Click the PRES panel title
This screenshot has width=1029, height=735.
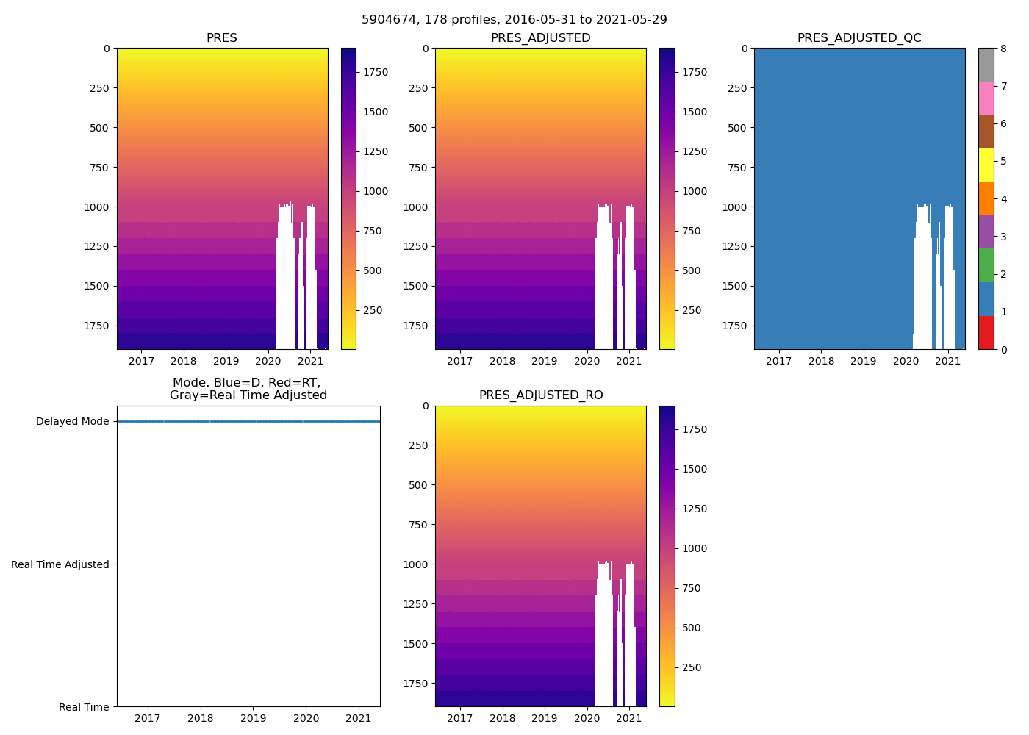point(221,38)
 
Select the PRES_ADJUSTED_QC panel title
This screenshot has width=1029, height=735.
point(859,38)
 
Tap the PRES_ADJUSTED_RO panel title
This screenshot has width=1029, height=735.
point(541,395)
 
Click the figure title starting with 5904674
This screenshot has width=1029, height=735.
point(514,20)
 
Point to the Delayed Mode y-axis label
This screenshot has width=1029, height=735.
point(72,422)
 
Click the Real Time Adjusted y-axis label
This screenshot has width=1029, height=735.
point(60,564)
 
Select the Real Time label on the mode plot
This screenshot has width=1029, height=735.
point(84,707)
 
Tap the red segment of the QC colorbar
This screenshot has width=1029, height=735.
point(986,333)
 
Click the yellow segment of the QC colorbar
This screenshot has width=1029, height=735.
point(986,165)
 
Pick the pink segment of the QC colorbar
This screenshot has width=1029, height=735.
point(986,98)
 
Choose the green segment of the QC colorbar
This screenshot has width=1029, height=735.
point(986,265)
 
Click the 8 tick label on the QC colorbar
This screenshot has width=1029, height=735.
point(1003,49)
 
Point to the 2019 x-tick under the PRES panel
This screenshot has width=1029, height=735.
point(226,362)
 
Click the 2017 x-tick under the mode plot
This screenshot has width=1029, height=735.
point(148,718)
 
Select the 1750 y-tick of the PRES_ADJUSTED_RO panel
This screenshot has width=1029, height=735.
point(418,684)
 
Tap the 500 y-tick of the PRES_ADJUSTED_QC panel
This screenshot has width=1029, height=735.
point(737,128)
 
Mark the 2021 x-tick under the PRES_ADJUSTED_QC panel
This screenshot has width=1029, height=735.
point(947,362)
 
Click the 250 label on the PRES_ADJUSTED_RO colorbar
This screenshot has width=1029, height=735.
point(692,667)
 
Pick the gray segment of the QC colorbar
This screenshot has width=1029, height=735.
point(986,65)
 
